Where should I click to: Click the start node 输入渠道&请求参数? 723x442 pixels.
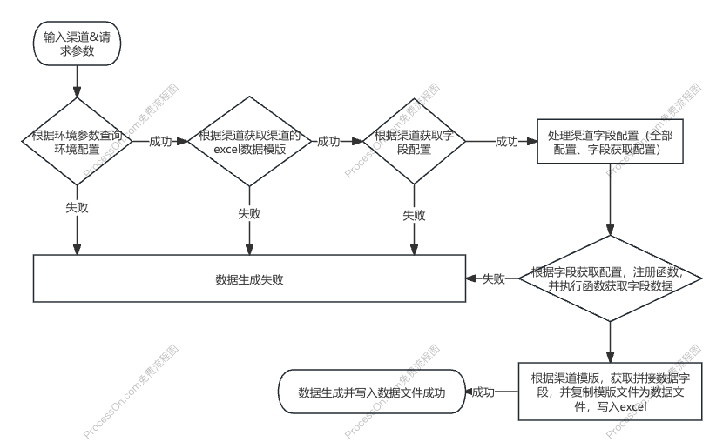point(76,44)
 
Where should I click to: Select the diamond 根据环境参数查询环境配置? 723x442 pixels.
point(77,142)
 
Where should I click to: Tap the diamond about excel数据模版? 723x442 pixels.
point(250,142)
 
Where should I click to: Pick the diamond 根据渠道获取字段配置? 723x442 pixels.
point(414,142)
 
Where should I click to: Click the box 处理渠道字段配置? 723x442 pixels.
point(610,143)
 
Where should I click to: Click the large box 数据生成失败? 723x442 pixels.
point(249,279)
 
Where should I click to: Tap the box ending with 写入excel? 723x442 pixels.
point(610,392)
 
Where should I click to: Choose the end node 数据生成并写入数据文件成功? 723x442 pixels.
point(372,392)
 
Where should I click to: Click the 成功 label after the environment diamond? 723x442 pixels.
point(160,142)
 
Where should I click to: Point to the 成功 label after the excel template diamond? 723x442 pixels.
point(328,142)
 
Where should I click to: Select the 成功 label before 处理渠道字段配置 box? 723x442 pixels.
point(506,142)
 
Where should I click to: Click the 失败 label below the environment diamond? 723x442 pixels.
point(77,208)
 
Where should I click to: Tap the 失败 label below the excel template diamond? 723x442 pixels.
point(250,213)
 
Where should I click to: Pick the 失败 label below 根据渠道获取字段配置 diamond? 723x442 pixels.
point(414,215)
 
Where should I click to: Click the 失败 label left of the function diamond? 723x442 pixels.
point(493,278)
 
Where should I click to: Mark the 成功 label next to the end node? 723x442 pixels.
point(483,392)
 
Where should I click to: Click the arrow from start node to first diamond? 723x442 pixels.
point(77,83)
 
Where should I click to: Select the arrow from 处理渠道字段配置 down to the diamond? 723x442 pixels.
point(610,200)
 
